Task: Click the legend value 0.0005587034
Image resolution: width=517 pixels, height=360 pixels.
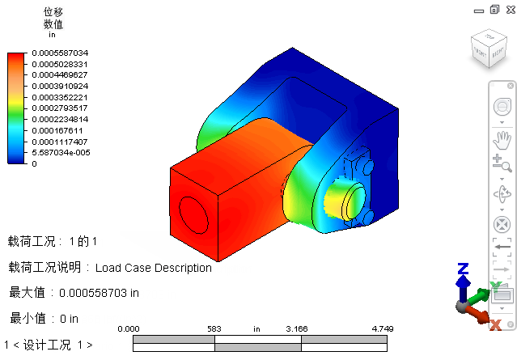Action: point(60,53)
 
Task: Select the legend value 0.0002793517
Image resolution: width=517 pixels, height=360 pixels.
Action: point(60,108)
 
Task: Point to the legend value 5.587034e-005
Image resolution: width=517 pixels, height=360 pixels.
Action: point(61,153)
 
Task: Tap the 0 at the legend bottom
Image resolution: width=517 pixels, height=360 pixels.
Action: point(34,164)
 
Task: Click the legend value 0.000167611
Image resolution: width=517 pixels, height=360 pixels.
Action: point(57,131)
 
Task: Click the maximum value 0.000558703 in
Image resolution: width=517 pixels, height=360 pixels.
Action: point(99,293)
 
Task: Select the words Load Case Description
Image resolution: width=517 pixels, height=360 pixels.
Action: point(153,268)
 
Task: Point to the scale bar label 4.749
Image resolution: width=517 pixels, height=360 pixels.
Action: point(383,329)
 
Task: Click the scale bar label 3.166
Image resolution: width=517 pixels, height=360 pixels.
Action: point(297,329)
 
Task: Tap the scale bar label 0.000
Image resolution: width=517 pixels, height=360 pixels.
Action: point(129,329)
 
